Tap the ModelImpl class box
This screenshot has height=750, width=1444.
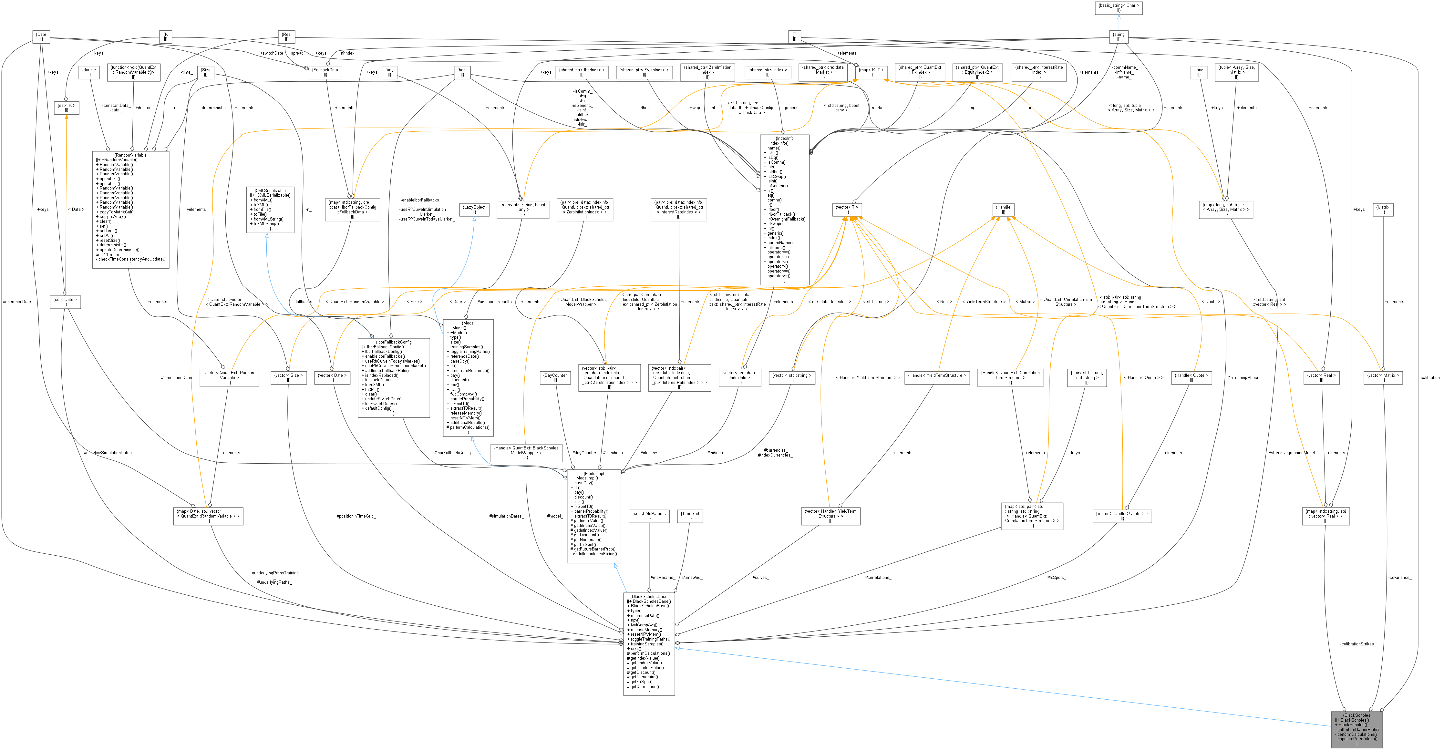[x=593, y=516]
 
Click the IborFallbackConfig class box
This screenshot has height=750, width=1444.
[x=394, y=377]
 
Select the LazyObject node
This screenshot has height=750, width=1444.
[x=474, y=209]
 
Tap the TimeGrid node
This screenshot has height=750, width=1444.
[x=689, y=515]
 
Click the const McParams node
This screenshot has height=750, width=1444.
[x=649, y=515]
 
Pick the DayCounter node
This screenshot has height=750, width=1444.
[x=555, y=377]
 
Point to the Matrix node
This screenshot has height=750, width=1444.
[x=1383, y=209]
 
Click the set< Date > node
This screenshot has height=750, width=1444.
[x=65, y=302]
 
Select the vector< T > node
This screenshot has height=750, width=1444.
[x=846, y=209]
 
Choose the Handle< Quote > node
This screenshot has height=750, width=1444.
[x=1191, y=377]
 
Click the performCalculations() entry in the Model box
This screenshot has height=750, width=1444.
[x=469, y=427]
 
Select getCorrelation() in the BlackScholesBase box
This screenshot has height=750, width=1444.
[x=644, y=686]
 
